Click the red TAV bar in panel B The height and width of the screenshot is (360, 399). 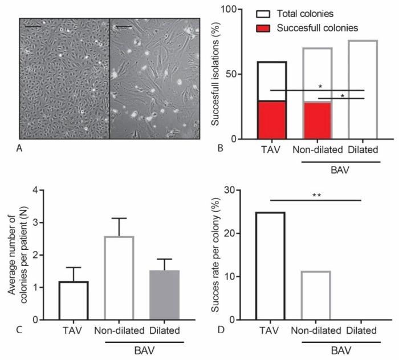tap(271, 120)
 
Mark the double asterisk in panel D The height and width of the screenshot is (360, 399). tap(316, 195)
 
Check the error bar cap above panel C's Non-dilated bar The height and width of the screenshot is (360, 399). tap(119, 218)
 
